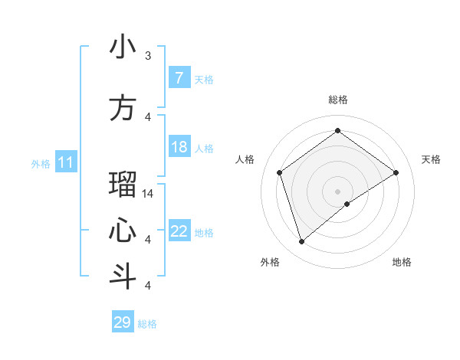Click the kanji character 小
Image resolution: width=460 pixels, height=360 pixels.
click(123, 47)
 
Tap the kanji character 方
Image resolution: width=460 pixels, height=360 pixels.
click(123, 108)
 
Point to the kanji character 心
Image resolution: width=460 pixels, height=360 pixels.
click(123, 231)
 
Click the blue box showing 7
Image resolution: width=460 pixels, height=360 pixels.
click(179, 78)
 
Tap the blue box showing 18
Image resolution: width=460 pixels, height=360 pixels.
click(179, 147)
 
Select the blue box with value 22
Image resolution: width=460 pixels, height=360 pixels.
click(179, 231)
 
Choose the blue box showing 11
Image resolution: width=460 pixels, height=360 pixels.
click(66, 162)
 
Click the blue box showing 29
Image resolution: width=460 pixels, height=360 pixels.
click(123, 322)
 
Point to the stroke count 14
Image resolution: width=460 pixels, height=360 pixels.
click(148, 194)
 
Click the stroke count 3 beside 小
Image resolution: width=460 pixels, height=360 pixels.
click(148, 56)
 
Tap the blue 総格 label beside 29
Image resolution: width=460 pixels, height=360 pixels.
click(147, 324)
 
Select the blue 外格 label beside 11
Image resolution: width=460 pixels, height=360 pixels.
click(40, 163)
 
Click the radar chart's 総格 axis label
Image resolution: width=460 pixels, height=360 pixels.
click(337, 100)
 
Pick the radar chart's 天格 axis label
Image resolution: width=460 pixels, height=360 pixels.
click(431, 159)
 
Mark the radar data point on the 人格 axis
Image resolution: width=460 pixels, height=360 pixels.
click(280, 172)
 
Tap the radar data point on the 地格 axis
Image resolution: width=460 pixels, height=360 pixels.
click(347, 204)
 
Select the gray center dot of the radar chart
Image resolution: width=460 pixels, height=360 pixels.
click(337, 191)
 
